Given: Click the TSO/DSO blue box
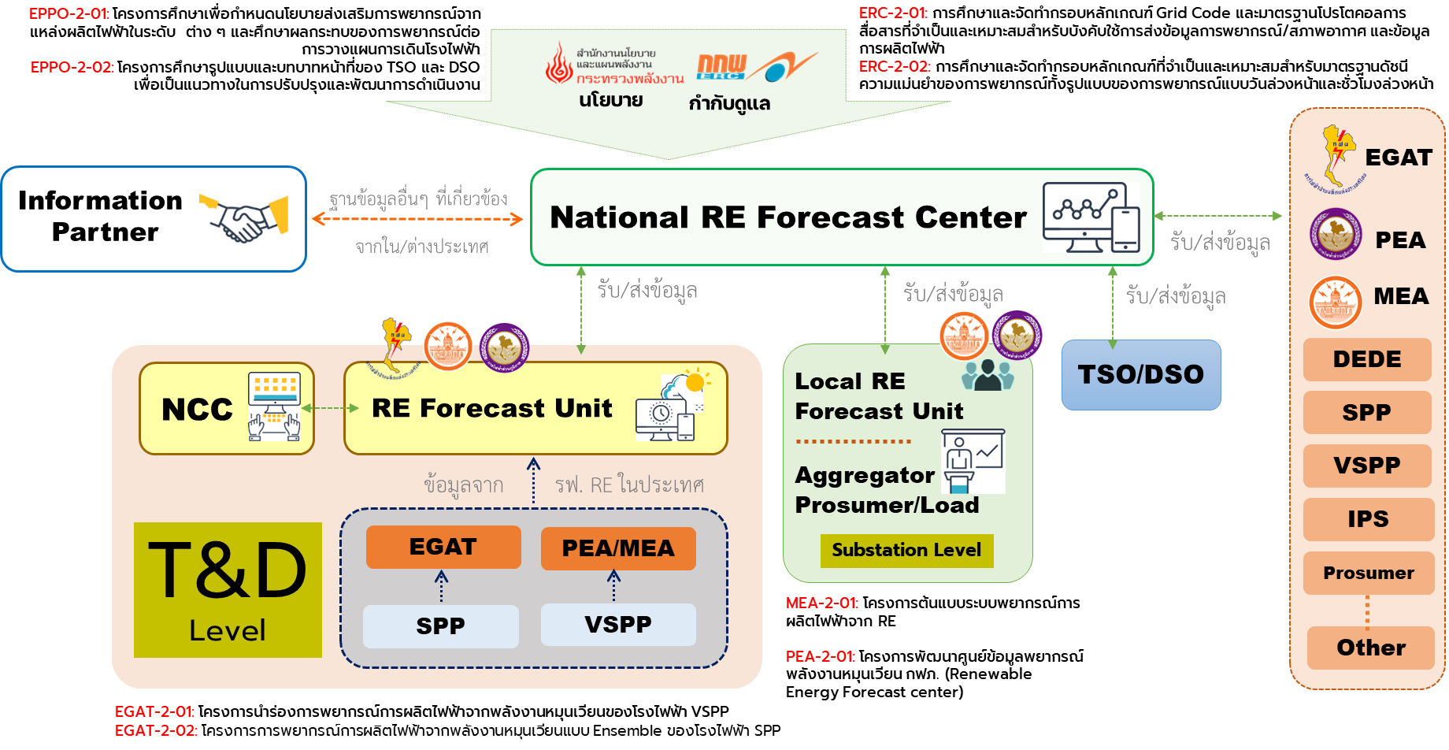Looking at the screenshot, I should [x=1140, y=375].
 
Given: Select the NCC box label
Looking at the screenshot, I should [x=197, y=410].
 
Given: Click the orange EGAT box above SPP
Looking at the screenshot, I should [x=443, y=547].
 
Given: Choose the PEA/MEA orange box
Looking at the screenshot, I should [x=618, y=548].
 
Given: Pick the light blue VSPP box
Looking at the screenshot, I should [x=618, y=625].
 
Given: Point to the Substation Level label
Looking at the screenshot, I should [x=906, y=550].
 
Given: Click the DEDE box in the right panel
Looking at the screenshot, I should [x=1367, y=359].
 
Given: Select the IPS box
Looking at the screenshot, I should [x=1368, y=519].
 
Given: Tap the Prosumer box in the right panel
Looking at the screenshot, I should [x=1368, y=573].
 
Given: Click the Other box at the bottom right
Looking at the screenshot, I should [x=1370, y=648].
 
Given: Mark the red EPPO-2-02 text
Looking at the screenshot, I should [x=72, y=67].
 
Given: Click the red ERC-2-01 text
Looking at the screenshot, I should [x=893, y=13].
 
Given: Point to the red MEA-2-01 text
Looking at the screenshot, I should [x=821, y=603].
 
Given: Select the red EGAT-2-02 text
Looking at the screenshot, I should [x=156, y=730].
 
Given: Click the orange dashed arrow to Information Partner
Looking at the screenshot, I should [x=417, y=219].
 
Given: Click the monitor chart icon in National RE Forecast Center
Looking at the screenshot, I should [x=1091, y=217].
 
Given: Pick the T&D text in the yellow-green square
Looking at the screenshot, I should [x=228, y=570].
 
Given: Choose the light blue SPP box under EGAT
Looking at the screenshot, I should [x=440, y=626].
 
